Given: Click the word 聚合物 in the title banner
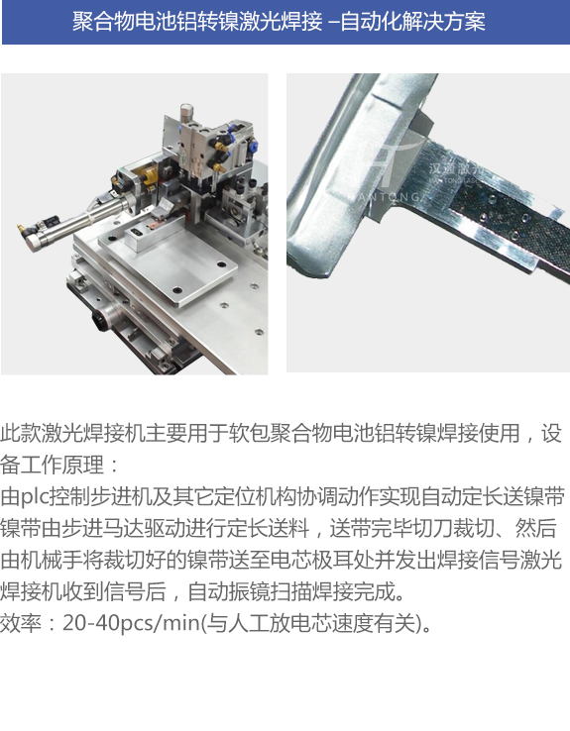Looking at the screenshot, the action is [103, 22].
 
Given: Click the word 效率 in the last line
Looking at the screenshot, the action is [21, 623].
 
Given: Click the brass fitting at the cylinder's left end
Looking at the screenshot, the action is [21, 228].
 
